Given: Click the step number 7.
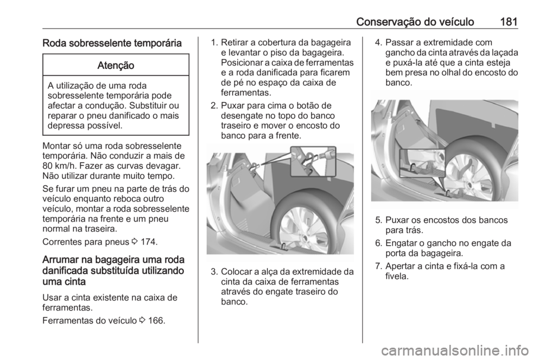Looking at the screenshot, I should (378, 266).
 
